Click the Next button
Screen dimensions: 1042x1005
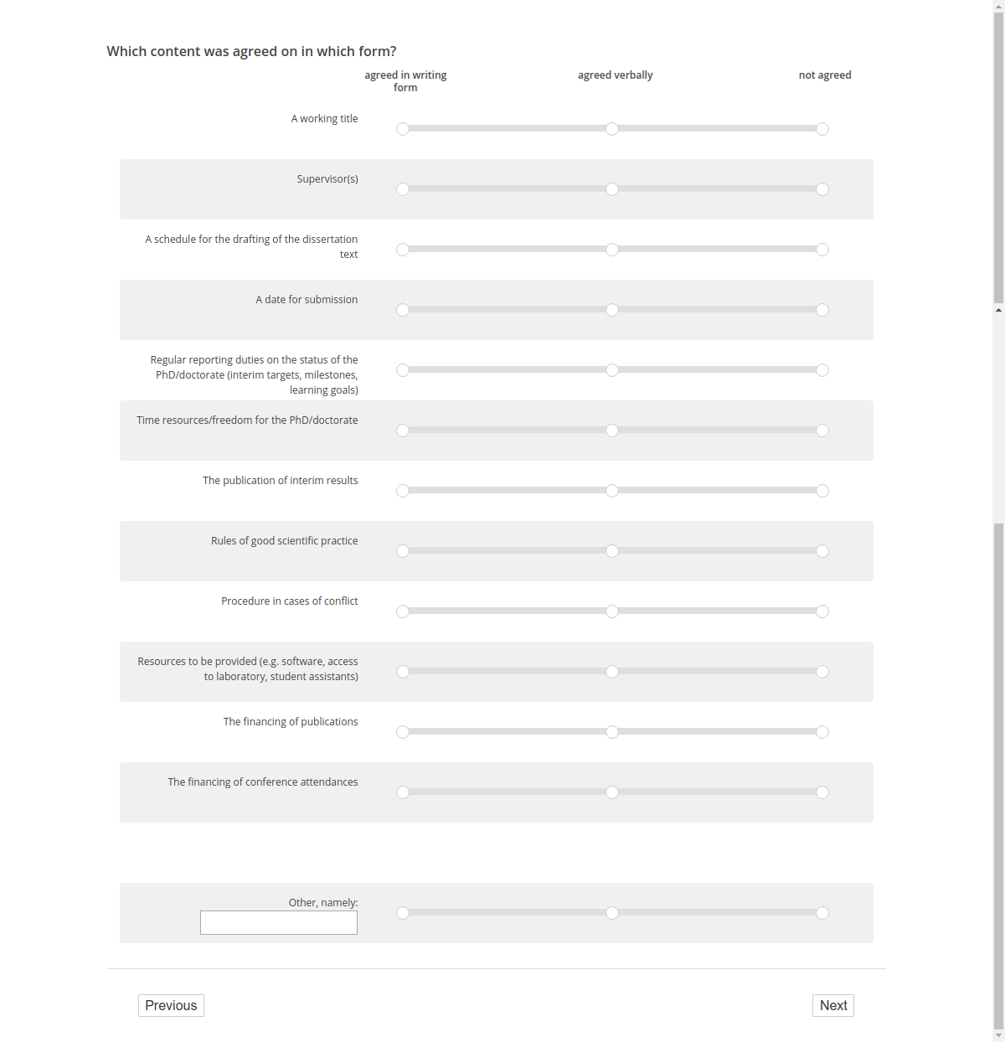[x=832, y=1005]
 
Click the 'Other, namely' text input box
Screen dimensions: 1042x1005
[x=278, y=922]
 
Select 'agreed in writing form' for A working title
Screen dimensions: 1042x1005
[x=403, y=129]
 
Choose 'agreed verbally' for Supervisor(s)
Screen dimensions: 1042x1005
[x=612, y=189]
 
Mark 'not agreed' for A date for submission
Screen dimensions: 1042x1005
[x=822, y=310]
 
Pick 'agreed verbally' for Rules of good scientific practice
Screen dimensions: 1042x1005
[x=612, y=551]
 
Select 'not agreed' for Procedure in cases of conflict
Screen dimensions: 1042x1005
[x=822, y=611]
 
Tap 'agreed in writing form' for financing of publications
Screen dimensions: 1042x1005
[x=403, y=732]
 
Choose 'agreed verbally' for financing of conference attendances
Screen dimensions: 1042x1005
[x=612, y=792]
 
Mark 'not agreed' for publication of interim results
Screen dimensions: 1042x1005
[x=822, y=491]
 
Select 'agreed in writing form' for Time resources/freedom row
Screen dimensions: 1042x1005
[x=403, y=431]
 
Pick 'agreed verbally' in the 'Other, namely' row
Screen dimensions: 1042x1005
[x=612, y=913]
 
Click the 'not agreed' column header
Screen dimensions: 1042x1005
[x=824, y=75]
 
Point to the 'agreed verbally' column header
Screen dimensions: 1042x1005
[x=615, y=75]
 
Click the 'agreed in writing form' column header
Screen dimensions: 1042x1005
[x=405, y=80]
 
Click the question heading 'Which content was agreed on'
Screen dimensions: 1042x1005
[x=251, y=51]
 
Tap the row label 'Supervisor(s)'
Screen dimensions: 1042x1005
[x=327, y=179]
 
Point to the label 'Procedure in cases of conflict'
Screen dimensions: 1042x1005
[x=289, y=601]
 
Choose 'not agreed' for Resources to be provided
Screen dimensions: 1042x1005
[x=822, y=672]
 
